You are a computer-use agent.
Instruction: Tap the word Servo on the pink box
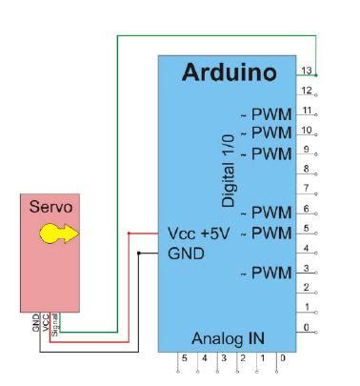pyautogui.click(x=50, y=205)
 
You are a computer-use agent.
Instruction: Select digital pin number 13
pyautogui.click(x=305, y=70)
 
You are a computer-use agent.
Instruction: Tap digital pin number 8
pyautogui.click(x=305, y=169)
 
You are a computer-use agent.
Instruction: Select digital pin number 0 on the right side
pyautogui.click(x=305, y=327)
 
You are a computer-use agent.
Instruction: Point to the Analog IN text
pyautogui.click(x=229, y=338)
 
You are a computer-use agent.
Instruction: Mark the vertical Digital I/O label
pyautogui.click(x=229, y=171)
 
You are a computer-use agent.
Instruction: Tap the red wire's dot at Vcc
pyautogui.click(x=129, y=234)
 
